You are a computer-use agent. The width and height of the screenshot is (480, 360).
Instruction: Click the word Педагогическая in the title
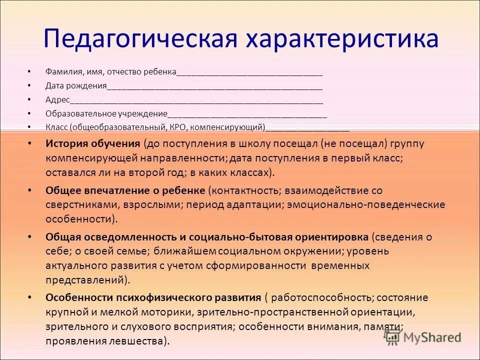click(140, 38)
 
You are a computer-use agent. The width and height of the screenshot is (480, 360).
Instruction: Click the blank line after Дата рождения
click(215, 86)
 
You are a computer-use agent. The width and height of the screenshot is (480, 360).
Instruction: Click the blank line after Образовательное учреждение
click(247, 114)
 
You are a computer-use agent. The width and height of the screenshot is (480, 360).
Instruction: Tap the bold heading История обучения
click(92, 144)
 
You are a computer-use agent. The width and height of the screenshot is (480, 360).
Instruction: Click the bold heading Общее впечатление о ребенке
click(125, 190)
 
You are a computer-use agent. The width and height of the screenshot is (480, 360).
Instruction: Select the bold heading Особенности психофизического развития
click(153, 297)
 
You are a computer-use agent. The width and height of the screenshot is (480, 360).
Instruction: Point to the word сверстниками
click(75, 205)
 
